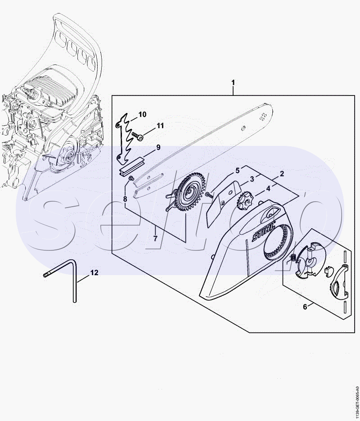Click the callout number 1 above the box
[x=233, y=82]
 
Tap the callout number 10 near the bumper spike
[x=143, y=114]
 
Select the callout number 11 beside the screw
[x=160, y=126]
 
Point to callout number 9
[x=158, y=147]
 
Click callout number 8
[x=125, y=199]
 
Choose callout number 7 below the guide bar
[x=155, y=238]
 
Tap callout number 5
[x=238, y=171]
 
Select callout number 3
[x=252, y=179]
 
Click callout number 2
[x=282, y=173]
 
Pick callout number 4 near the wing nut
[x=268, y=189]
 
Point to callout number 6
[x=305, y=307]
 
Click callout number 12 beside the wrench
[x=94, y=273]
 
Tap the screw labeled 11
[x=137, y=136]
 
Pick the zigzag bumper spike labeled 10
[x=124, y=139]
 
